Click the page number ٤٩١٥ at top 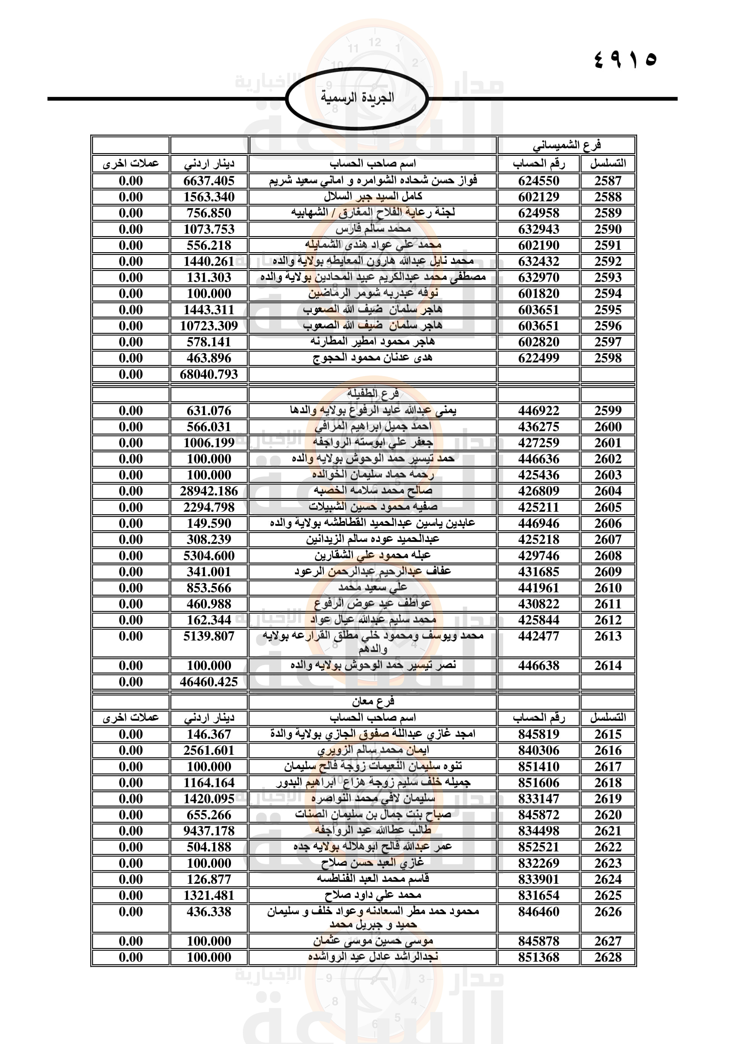pos(625,59)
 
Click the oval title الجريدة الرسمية pos(357,98)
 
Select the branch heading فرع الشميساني pos(566,146)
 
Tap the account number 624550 pos(538,181)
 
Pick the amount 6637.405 pos(208,181)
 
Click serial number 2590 pos(608,229)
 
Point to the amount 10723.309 pos(208,326)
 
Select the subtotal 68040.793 pos(208,374)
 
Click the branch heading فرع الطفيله pos(373,393)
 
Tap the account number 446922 pos(538,411)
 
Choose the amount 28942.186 pos(208,491)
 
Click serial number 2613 pos(608,636)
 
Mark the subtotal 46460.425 pos(208,682)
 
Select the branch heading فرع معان pos(373,702)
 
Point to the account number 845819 pos(538,734)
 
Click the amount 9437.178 pos(208,831)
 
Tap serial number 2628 pos(608,957)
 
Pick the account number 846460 pos(538,912)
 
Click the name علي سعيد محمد pos(373,588)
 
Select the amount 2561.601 pos(208,751)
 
